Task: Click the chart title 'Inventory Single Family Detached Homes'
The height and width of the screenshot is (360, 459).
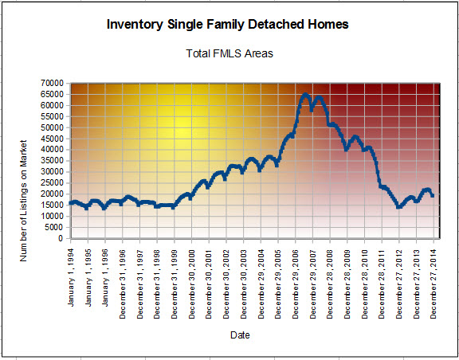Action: click(227, 25)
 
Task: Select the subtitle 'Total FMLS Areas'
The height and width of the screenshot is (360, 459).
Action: click(229, 53)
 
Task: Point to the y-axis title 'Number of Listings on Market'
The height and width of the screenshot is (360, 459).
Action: click(23, 201)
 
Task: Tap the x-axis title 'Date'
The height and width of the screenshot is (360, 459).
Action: click(240, 335)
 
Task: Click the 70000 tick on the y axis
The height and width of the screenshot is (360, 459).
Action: click(55, 84)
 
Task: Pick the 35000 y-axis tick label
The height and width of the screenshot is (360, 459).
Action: click(55, 161)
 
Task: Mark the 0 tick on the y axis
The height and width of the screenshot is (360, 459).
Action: click(61, 238)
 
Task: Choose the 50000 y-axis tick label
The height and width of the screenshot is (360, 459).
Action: click(55, 127)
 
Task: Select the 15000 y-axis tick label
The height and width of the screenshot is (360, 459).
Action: click(55, 205)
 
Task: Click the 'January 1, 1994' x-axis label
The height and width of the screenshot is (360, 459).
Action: click(71, 277)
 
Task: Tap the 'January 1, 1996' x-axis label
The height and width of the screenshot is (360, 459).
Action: click(105, 277)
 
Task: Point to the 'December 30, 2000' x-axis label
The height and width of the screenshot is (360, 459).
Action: click(192, 284)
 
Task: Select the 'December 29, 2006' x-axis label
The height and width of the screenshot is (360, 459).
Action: click(296, 284)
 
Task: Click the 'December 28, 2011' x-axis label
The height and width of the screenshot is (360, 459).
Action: click(382, 284)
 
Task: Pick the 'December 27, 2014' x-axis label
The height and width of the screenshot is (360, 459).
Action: click(433, 284)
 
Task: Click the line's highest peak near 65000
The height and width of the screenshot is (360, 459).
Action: click(305, 95)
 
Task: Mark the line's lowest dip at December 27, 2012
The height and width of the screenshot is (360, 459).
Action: click(398, 206)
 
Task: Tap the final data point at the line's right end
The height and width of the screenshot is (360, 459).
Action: click(433, 195)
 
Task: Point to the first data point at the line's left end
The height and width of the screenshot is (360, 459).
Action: click(71, 203)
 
